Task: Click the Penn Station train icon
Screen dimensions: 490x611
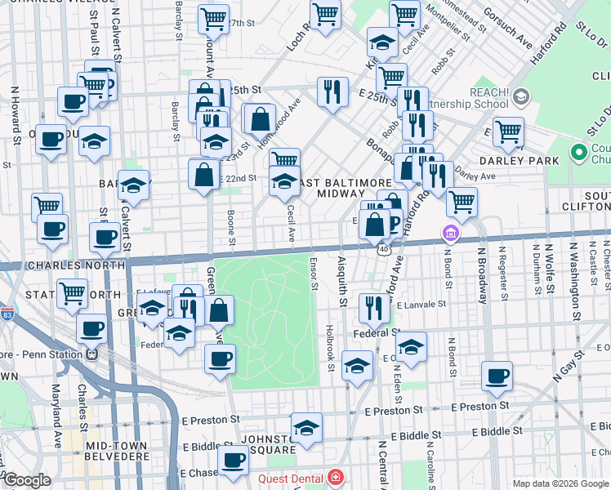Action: tap(92, 354)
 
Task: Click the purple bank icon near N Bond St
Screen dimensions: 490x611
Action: tap(449, 234)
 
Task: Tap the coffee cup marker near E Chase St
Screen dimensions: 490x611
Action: tap(234, 461)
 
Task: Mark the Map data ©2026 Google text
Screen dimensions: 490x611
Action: tap(560, 483)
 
